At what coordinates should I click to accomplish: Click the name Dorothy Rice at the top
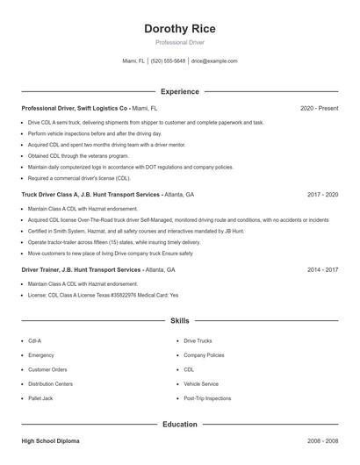(x=179, y=29)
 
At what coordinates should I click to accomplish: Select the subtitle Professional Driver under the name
(x=179, y=43)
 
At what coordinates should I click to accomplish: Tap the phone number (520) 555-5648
(x=168, y=61)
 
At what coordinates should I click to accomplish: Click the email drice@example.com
(x=214, y=61)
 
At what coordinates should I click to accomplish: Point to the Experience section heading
(x=179, y=91)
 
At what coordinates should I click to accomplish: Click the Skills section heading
(x=179, y=321)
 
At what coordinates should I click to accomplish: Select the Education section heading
(x=179, y=425)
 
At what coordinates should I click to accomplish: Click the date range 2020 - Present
(x=319, y=108)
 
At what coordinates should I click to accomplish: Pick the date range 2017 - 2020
(x=322, y=194)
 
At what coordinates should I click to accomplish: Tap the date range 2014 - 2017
(x=322, y=269)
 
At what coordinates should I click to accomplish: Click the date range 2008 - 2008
(x=322, y=441)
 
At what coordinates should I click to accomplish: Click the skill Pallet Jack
(x=40, y=397)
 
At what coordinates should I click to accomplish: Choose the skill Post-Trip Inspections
(x=207, y=397)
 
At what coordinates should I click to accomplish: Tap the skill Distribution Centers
(x=50, y=383)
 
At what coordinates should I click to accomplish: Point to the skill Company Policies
(x=204, y=355)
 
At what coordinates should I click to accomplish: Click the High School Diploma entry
(x=53, y=441)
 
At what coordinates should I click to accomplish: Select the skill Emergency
(x=40, y=355)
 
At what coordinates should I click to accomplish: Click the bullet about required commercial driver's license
(x=79, y=177)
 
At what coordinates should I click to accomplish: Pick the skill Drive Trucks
(x=198, y=340)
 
